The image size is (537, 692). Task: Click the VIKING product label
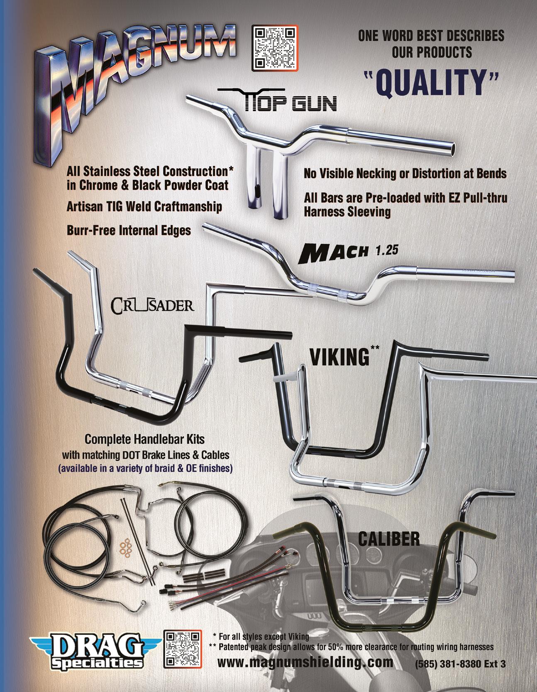(339, 357)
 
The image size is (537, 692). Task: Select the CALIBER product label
(388, 539)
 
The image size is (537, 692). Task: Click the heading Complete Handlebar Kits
(144, 438)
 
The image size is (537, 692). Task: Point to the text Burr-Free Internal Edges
(129, 230)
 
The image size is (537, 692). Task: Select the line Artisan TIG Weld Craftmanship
(144, 206)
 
